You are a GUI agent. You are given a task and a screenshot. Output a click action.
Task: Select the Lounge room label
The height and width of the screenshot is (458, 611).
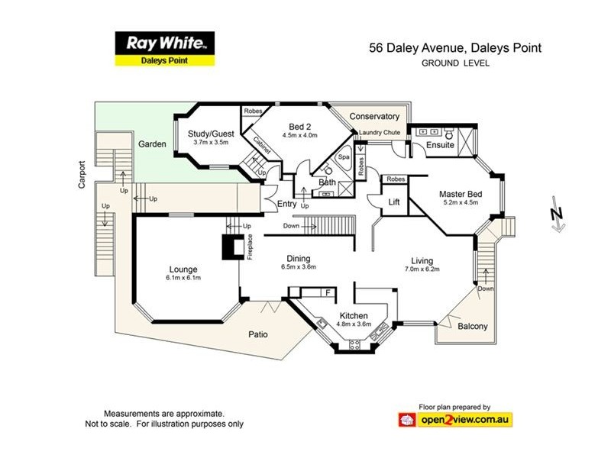(x=183, y=269)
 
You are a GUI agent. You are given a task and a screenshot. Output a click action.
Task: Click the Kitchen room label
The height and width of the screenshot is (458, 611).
(x=354, y=315)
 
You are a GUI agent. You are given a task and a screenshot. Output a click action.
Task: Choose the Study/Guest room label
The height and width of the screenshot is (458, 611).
(x=212, y=133)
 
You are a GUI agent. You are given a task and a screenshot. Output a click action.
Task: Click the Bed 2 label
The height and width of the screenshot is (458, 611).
(x=300, y=126)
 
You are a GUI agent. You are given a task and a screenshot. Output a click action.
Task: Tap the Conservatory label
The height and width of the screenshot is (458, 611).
(x=374, y=117)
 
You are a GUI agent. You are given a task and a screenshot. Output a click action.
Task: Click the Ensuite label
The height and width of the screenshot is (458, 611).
(x=441, y=144)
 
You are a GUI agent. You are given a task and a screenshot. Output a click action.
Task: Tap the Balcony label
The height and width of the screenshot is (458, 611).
(x=473, y=327)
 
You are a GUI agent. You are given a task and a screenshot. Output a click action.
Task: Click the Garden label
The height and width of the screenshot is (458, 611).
(x=152, y=144)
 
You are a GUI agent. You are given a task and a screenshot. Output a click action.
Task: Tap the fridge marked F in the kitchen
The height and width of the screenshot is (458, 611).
(x=328, y=292)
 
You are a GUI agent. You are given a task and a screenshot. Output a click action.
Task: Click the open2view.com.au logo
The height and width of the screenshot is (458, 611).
(x=455, y=419)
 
